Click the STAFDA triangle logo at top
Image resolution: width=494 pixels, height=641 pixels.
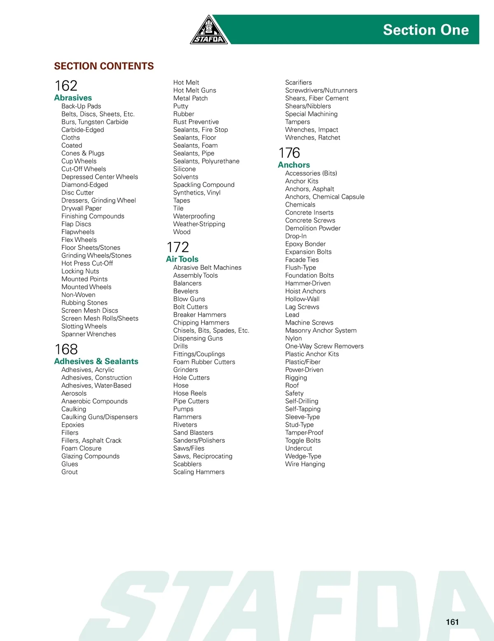pos(209,31)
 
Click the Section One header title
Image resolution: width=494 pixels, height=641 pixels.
pos(426,30)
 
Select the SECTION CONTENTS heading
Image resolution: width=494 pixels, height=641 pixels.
pos(104,66)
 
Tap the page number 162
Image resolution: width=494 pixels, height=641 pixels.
pos(66,86)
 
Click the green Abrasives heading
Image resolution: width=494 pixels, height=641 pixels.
pos(73,98)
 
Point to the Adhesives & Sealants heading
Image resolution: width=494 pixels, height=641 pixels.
pos(96,361)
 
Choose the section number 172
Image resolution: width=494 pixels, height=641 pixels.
pos(177,247)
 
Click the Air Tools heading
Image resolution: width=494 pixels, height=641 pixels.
pos(182,259)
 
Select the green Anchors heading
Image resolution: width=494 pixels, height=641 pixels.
pos(294,165)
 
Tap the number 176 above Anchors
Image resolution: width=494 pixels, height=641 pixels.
pos(289,153)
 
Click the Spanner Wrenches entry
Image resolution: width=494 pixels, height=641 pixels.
pos(89,334)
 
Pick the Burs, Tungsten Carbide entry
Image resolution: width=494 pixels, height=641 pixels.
pos(95,122)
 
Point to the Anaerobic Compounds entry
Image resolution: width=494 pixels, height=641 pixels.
pos(94,401)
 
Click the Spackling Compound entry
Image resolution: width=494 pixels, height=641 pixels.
pos(204,185)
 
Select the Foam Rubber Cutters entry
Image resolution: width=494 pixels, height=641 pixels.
pos(204,362)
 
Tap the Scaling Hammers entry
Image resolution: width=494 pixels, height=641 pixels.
pos(199,472)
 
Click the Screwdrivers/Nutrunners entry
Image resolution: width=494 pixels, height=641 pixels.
pos(321,91)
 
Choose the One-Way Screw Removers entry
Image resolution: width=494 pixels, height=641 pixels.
pos(324,346)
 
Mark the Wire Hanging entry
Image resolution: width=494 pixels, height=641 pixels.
pos(305,464)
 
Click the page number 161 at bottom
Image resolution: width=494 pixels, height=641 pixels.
pos(452,622)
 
